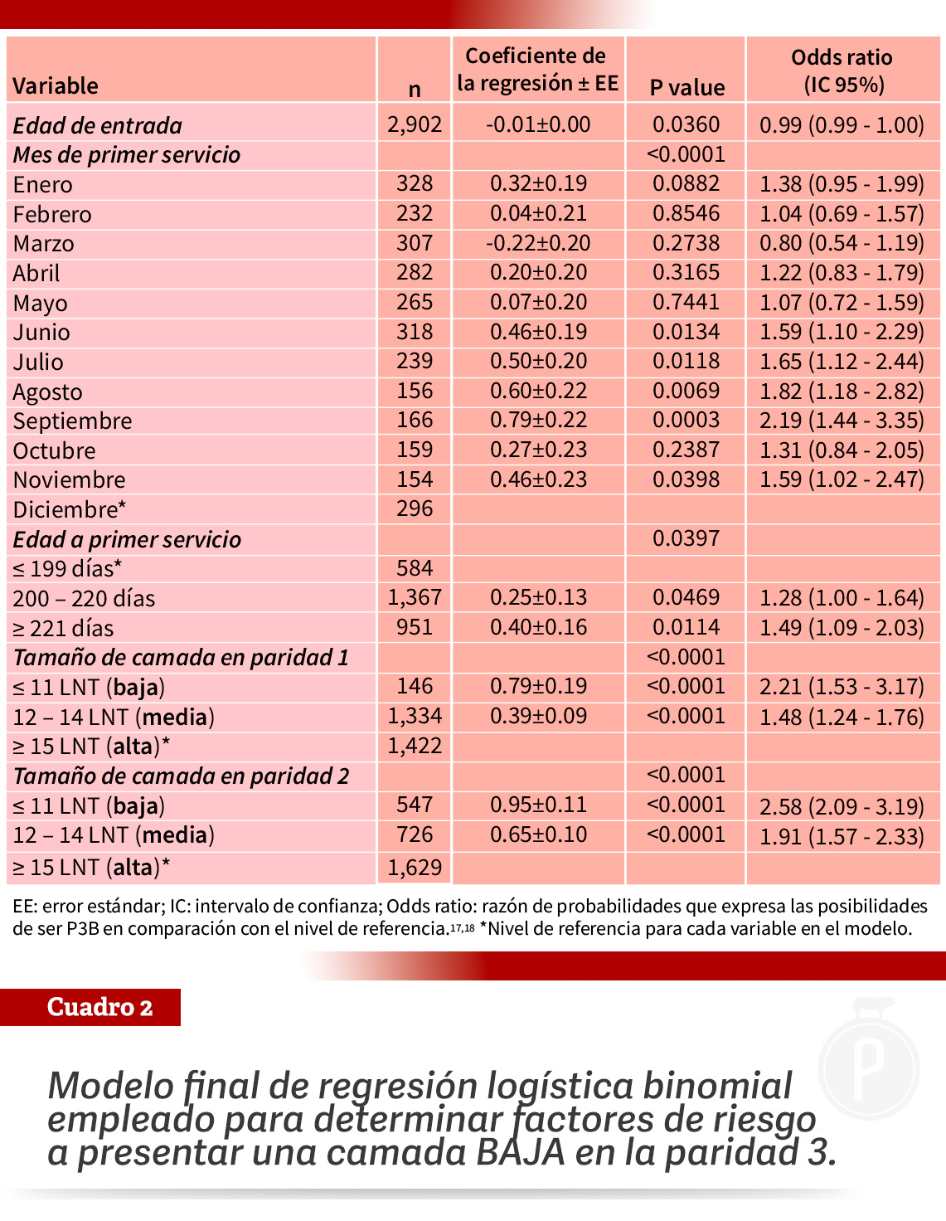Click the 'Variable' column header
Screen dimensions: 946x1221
pos(55,86)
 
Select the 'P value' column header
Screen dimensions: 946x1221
pos(686,88)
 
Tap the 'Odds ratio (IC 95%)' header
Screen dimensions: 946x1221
pos(842,71)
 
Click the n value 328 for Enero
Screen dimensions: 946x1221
pos(415,184)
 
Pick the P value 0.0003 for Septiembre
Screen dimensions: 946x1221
pos(686,420)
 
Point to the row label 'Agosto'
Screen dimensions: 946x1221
pos(48,392)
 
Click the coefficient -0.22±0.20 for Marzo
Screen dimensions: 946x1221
pos(538,243)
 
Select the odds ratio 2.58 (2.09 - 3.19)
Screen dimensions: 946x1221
pos(842,807)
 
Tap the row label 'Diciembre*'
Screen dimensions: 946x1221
pos(69,509)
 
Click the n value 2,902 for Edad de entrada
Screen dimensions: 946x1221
pos(415,124)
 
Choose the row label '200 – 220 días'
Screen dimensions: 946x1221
pos(84,598)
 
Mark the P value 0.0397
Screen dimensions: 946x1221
pos(686,538)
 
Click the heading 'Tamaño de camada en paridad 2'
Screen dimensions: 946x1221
pos(181,776)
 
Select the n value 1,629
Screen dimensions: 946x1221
pos(415,867)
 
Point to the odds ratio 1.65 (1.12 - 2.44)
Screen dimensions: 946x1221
pos(842,362)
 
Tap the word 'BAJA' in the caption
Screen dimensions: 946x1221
pos(520,1152)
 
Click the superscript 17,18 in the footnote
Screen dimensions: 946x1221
pos(462,927)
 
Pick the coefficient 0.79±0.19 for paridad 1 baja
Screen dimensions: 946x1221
pos(538,686)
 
